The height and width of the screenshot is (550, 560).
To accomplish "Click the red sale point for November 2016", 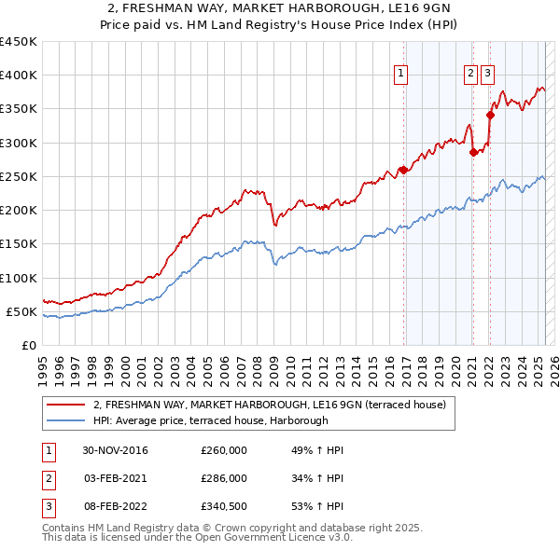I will pos(403,170).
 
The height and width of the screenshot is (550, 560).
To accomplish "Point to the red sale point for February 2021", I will pos(473,152).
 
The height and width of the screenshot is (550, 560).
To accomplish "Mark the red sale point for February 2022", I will pos(490,116).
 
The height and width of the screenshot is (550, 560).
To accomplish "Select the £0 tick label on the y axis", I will pos(29,345).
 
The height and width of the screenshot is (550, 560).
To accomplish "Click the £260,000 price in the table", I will pos(223,450).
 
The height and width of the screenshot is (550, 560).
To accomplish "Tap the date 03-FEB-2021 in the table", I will pos(115,477).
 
